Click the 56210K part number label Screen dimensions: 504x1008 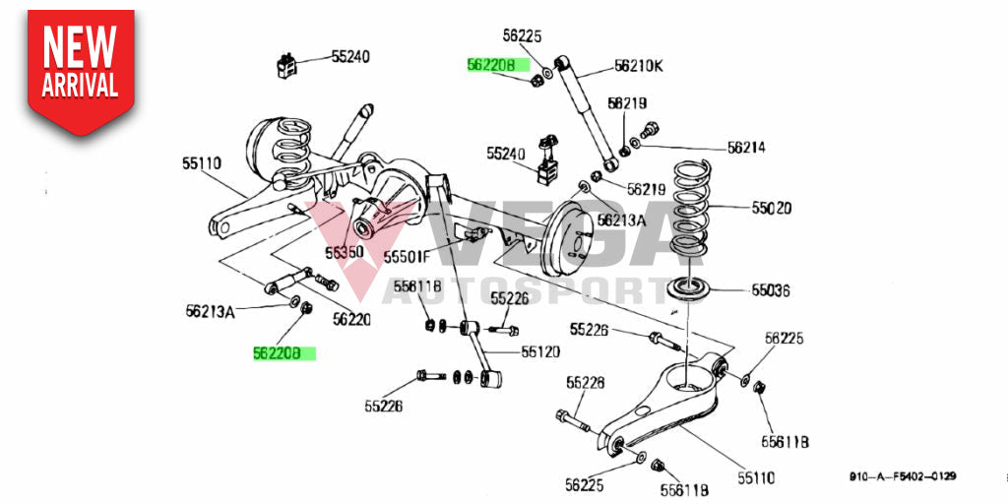tap(638, 66)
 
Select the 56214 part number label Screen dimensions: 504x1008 tap(746, 148)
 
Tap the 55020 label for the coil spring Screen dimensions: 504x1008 tap(772, 209)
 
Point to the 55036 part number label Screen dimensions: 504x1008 tap(772, 290)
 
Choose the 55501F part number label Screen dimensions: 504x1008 tap(408, 257)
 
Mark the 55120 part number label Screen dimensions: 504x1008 tap(541, 349)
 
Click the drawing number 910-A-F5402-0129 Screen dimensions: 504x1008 tap(904, 476)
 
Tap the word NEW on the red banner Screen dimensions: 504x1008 tap(80, 45)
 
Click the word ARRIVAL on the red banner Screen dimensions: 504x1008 tap(80, 85)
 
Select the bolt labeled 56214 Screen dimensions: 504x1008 tap(649, 129)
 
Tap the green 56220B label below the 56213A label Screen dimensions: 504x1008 tap(283, 352)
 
